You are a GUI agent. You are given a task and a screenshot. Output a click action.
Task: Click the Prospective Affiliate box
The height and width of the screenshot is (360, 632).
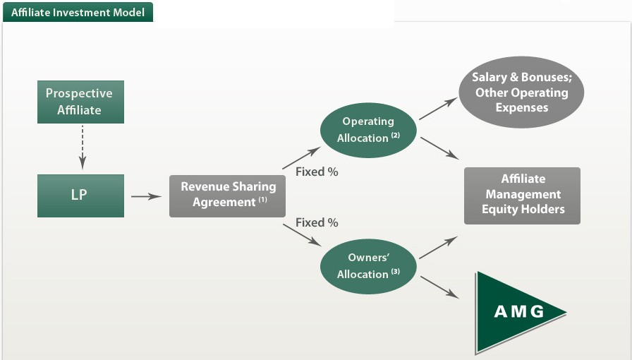tap(79, 102)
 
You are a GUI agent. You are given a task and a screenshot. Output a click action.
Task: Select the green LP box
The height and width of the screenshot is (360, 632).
tap(79, 196)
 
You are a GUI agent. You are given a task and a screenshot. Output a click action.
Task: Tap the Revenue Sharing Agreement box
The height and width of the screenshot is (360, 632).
tap(227, 195)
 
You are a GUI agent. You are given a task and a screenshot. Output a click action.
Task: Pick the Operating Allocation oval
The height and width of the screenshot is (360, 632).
tap(367, 130)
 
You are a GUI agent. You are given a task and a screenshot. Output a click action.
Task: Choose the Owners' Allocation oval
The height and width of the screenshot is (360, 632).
tap(367, 266)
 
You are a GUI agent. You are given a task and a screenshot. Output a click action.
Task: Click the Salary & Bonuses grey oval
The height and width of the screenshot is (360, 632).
tap(521, 92)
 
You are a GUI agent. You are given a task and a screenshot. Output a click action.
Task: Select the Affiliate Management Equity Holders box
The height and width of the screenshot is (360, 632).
tap(522, 195)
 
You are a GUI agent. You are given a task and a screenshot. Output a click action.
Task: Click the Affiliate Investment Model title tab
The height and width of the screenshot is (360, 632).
tap(77, 11)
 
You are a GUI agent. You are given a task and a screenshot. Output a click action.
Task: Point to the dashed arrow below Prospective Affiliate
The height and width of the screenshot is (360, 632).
tap(82, 148)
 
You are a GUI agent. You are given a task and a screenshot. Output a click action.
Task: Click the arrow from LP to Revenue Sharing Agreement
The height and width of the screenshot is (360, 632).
tap(146, 196)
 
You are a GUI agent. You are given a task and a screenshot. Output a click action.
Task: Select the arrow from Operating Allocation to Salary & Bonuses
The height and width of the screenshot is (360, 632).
tap(437, 109)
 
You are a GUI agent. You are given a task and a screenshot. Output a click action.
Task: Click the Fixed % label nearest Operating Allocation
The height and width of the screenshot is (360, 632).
tap(317, 172)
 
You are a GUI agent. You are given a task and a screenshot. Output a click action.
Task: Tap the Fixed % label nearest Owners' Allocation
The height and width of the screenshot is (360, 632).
tap(317, 222)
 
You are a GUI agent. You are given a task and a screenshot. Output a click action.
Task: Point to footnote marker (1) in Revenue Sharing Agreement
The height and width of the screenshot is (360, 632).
tap(262, 200)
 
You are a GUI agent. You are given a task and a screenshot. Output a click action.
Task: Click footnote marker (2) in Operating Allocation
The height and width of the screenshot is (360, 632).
tap(395, 136)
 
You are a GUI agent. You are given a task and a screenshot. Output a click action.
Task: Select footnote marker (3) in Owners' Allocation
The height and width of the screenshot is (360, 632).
tap(395, 272)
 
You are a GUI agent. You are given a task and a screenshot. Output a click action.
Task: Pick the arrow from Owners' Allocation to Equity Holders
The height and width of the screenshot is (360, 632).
tap(438, 248)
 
